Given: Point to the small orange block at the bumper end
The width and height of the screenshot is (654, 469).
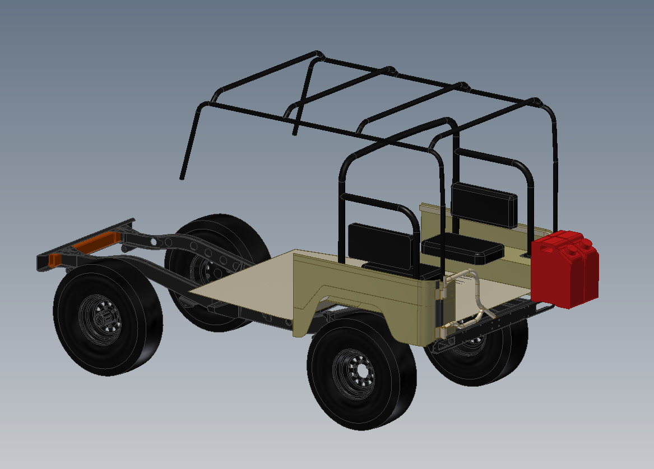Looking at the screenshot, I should point(55,260).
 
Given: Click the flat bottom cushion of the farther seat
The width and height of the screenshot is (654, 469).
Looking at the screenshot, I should point(462,248).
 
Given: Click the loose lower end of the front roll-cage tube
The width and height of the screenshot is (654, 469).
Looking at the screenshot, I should point(182,177).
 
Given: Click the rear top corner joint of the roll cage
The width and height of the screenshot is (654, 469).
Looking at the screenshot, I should point(535,103).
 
